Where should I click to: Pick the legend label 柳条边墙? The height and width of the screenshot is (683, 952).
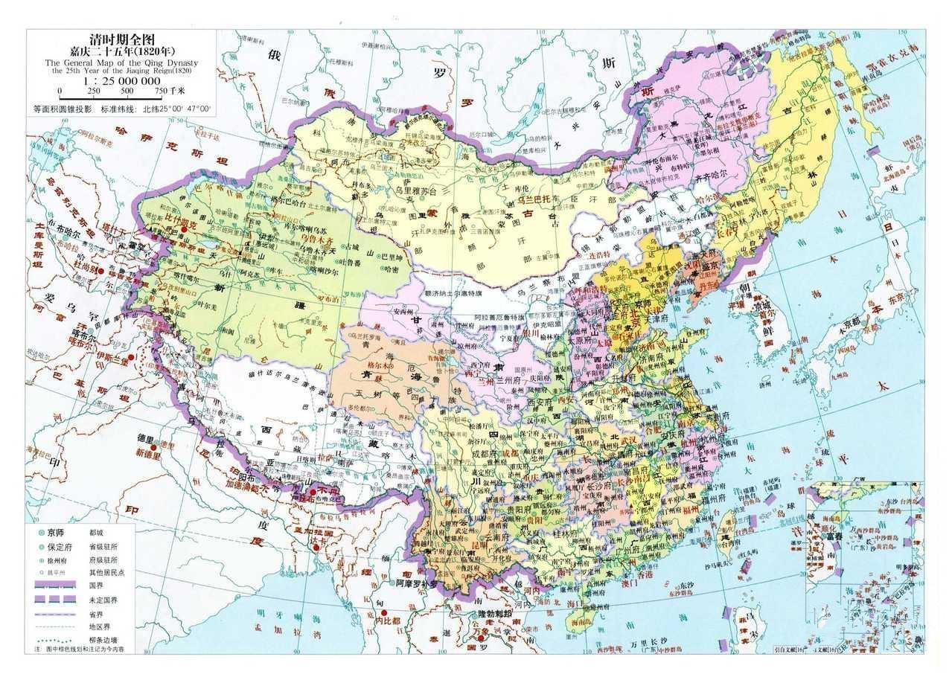[x=105, y=639]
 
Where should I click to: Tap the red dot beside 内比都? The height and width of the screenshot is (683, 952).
[x=365, y=617]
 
